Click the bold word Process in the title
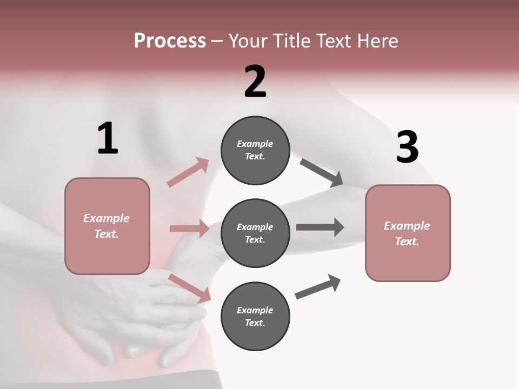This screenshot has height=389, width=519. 170,41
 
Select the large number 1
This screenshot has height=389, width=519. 108,139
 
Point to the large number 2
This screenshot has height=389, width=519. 255,82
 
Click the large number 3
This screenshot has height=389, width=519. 407,147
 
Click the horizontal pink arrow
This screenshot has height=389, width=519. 189,229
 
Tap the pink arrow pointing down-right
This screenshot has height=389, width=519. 189,288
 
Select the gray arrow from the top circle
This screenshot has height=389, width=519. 321,172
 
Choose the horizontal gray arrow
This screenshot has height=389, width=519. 320,227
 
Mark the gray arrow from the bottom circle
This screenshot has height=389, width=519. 318,286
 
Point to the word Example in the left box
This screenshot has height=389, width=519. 107,218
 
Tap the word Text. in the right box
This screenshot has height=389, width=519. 407,242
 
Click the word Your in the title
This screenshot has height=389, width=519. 248,41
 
